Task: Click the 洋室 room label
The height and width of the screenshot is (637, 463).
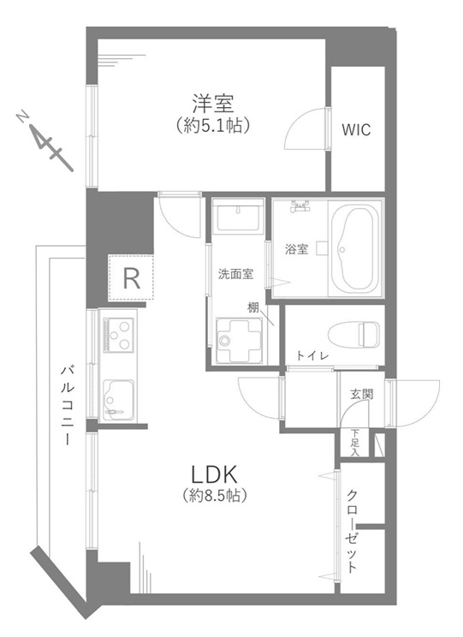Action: (x=213, y=104)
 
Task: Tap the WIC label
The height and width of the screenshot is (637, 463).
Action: (x=356, y=130)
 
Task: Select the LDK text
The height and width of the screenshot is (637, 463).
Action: (x=214, y=473)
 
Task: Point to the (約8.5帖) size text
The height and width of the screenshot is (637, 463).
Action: (x=214, y=495)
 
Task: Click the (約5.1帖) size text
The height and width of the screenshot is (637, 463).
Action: (x=213, y=126)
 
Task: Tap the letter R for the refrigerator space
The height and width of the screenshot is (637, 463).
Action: (x=131, y=278)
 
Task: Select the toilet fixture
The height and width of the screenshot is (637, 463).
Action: (x=353, y=335)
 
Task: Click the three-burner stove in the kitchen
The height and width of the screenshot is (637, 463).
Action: (x=119, y=335)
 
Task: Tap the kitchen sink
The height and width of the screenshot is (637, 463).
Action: (x=118, y=400)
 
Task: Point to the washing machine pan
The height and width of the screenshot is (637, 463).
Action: (x=239, y=340)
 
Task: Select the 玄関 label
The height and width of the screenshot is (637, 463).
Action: (x=362, y=394)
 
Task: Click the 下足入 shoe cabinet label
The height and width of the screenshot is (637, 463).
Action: (x=355, y=443)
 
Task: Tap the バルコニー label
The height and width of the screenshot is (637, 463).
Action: (x=68, y=405)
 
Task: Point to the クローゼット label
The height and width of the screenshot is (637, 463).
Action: (x=352, y=532)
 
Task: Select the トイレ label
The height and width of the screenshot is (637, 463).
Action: (x=312, y=356)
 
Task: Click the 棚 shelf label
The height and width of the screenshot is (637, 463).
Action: (x=253, y=307)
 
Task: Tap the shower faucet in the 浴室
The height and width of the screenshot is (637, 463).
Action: (x=300, y=207)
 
